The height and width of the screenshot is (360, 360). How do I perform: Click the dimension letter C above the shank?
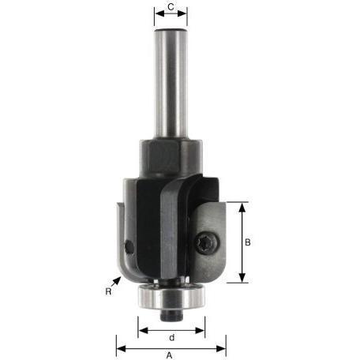tap(171, 7)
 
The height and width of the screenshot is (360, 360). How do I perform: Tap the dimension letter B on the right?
tap(248, 242)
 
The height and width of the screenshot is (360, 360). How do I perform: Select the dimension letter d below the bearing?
tap(171, 337)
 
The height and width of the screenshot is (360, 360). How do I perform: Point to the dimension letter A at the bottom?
tap(170, 355)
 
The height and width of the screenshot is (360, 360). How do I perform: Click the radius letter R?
tap(108, 291)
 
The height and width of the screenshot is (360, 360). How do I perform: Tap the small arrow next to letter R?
tap(116, 282)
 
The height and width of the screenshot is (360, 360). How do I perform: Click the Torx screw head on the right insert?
tap(208, 243)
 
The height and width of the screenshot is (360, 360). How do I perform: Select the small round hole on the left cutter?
tap(129, 246)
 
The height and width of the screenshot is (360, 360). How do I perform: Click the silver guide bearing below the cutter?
tap(171, 297)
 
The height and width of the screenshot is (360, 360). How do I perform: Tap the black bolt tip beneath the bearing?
tap(171, 315)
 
